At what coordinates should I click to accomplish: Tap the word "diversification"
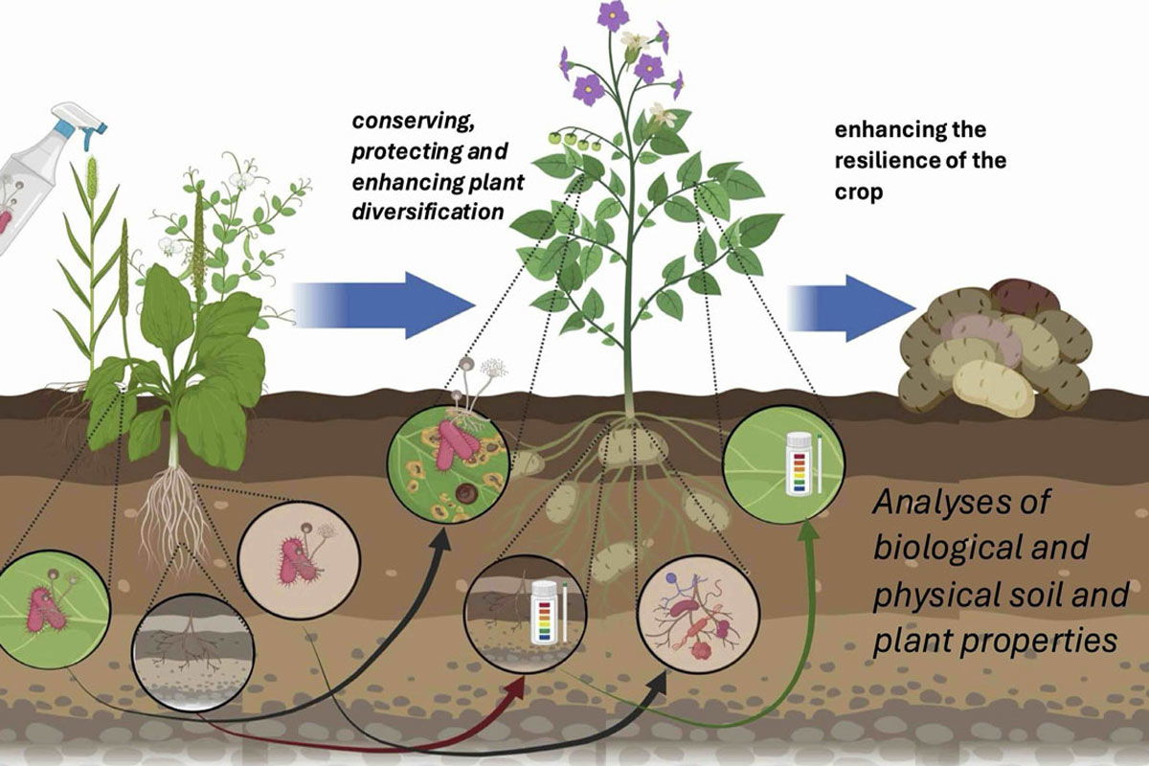[426, 211]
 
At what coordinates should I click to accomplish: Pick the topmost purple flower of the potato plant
[612, 15]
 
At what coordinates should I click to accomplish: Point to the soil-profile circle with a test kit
[525, 618]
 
